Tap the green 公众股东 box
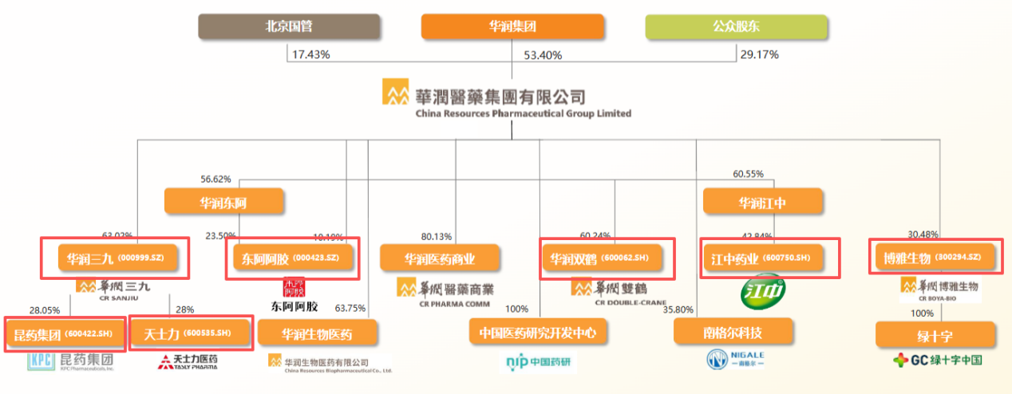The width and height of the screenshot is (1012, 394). pos(736,26)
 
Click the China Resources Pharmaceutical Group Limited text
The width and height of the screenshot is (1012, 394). pos(523,113)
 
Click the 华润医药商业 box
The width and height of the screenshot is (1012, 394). pos(440,258)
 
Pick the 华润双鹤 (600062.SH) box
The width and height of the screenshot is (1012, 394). pos(607,258)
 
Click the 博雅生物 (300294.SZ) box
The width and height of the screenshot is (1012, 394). pos(935,257)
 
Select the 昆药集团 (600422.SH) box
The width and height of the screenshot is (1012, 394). pos(63,333)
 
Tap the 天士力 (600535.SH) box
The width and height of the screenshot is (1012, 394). pos(192,333)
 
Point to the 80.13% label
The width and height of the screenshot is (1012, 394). pos(437,236)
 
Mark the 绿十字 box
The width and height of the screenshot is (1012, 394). pos(935,333)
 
